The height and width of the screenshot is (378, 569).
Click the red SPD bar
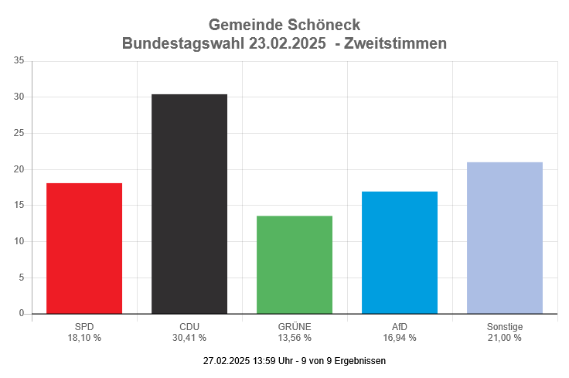(x=84, y=248)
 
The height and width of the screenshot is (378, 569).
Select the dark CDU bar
(x=189, y=204)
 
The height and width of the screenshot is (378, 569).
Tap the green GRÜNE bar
(x=295, y=264)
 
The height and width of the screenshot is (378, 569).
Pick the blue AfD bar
(x=400, y=252)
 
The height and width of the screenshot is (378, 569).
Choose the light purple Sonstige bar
(x=505, y=237)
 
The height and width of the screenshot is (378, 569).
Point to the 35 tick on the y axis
(x=19, y=61)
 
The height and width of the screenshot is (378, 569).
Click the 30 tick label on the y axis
(x=19, y=97)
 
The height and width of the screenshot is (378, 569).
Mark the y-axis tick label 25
(x=19, y=133)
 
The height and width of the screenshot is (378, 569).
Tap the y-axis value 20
(x=19, y=169)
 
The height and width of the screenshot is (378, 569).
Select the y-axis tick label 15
(x=19, y=206)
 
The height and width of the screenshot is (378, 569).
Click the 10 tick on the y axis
(x=19, y=241)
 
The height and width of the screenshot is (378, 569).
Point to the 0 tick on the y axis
(x=22, y=314)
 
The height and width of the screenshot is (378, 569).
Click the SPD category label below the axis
(x=84, y=327)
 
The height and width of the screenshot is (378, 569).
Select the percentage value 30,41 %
(x=189, y=338)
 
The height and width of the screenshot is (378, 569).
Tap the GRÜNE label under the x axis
(x=295, y=327)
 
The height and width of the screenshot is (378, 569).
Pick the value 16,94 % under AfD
(x=400, y=338)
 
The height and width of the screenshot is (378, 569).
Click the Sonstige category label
(x=505, y=327)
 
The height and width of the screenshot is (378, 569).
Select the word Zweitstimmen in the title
(x=396, y=43)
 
